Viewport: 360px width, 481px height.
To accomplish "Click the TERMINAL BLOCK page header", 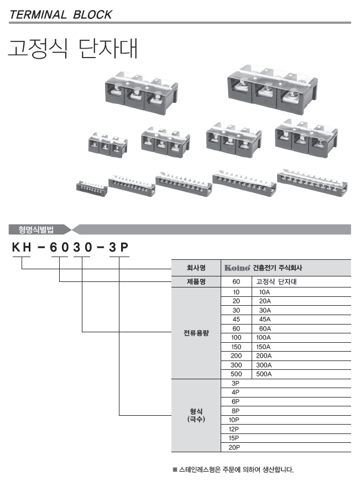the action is [61, 15].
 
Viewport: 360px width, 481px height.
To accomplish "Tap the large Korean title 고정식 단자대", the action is [73, 49].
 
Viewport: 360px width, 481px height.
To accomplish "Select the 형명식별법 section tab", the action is [36, 229].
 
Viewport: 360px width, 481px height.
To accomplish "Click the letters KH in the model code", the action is [22, 247].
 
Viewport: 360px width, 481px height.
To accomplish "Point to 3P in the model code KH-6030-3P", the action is [119, 247].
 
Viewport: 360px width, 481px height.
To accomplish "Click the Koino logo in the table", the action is [237, 268].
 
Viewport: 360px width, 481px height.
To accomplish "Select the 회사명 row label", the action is [196, 268].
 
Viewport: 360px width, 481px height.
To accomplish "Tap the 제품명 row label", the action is [196, 281].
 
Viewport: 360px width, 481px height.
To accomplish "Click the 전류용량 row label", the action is [196, 333].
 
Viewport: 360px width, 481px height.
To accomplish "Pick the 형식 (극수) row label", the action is [196, 415].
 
